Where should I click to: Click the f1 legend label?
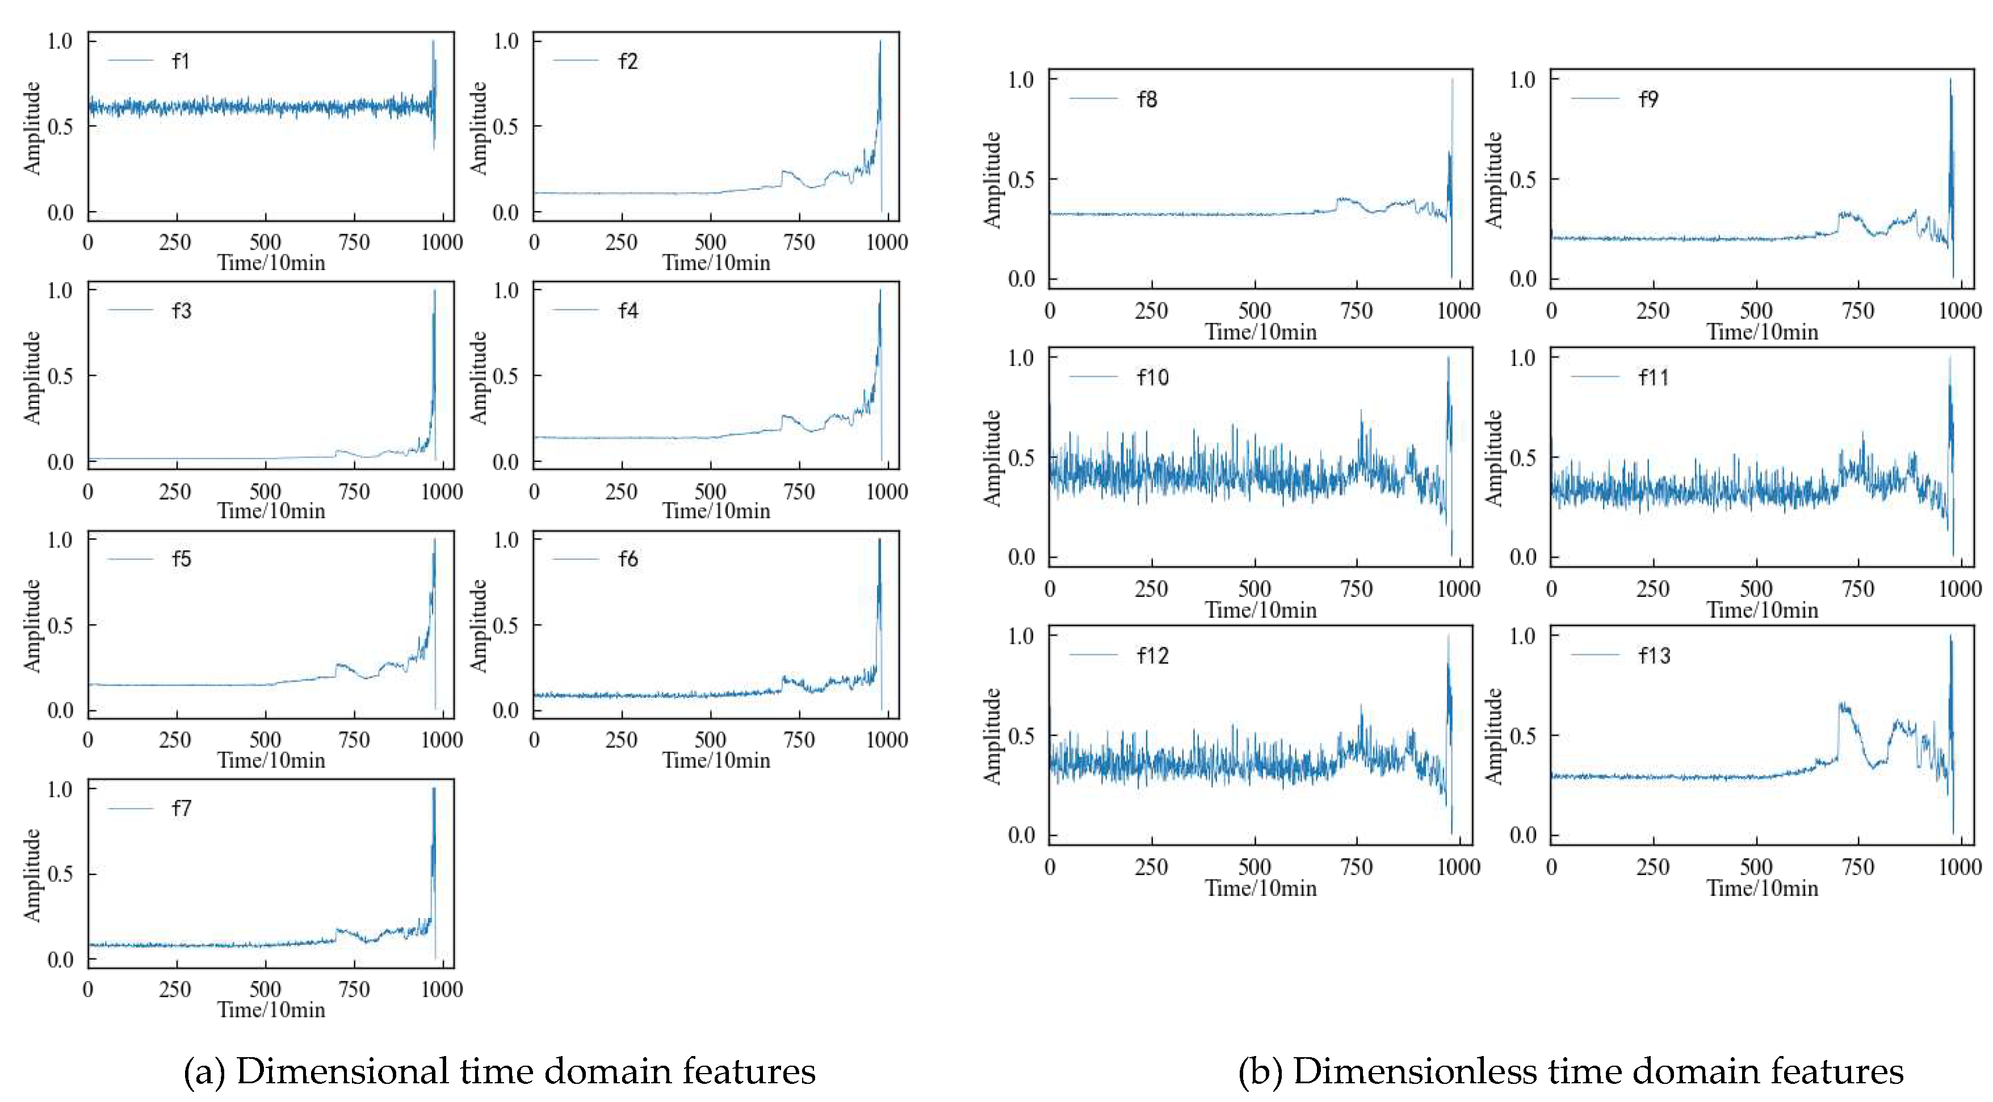pos(181,61)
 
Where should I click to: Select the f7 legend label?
pos(181,808)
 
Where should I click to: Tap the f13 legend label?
pos(1654,656)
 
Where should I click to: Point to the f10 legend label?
pos(1153,377)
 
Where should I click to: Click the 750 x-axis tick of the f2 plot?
pos(799,242)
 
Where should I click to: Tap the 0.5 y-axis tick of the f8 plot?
pos(1021,179)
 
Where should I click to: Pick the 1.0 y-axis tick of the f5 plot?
pos(60,539)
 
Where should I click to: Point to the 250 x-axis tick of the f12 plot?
pos(1151,867)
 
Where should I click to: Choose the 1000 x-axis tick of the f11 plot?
pos(1959,589)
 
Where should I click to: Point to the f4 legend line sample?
pos(576,310)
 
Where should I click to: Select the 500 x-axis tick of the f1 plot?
pos(265,242)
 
